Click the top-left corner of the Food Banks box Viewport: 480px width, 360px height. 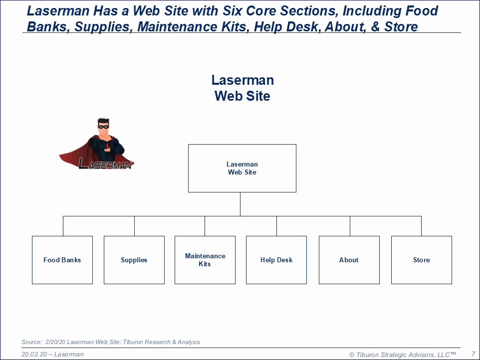point(32,236)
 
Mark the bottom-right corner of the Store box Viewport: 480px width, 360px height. point(452,284)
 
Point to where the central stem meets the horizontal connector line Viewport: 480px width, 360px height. point(240,216)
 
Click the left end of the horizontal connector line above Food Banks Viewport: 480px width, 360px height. point(63,216)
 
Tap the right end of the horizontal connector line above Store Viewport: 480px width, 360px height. point(421,216)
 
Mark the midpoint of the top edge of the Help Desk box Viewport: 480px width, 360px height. point(276,236)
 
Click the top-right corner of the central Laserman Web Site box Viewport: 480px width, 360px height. point(296,145)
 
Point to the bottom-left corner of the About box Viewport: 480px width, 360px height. point(319,284)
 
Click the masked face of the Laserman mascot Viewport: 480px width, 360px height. point(103,126)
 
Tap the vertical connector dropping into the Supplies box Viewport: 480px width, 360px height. point(134,226)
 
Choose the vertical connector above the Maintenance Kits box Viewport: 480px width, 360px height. point(205,226)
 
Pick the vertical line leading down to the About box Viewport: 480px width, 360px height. point(350,226)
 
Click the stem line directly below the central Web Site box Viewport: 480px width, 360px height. point(240,204)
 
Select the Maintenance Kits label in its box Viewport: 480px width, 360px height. point(205,260)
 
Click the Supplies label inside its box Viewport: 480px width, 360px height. point(134,260)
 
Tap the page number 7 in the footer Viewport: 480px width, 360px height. point(474,354)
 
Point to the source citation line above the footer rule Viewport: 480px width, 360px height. point(110,342)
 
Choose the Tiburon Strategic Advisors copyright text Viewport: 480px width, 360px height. point(403,355)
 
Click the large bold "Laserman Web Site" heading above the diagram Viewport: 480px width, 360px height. point(242,88)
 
